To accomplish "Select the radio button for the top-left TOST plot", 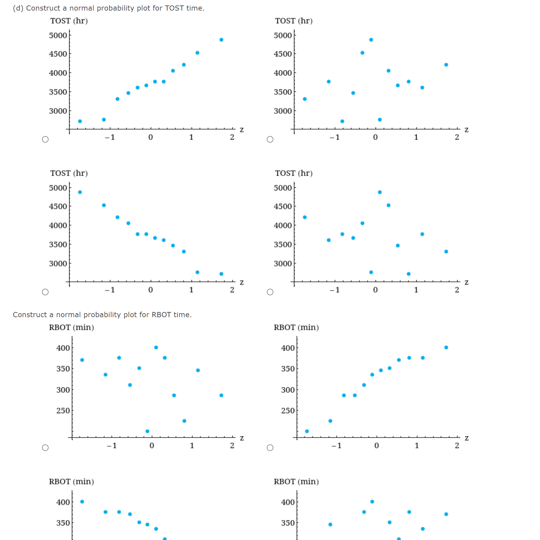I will tap(45, 139).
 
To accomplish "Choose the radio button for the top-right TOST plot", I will tap(270, 139).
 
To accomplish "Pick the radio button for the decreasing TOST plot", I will tap(45, 292).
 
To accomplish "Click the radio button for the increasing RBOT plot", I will tap(270, 448).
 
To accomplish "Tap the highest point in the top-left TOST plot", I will tap(221, 40).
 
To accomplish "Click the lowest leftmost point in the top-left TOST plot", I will tap(80, 121).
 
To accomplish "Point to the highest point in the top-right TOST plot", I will tap(371, 40).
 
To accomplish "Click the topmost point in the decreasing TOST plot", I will tap(80, 192).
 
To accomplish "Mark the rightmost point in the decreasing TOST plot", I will tap(221, 274).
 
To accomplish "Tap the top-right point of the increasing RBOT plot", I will tap(446, 347).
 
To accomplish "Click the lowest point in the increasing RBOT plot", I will tap(307, 431).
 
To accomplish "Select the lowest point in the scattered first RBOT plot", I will tap(147, 431).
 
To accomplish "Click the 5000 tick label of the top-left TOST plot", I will tap(58, 36).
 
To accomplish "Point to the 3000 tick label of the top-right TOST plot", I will tap(283, 111).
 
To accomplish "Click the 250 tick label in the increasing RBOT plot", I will tap(288, 411).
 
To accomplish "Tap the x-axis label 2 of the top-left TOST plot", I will tap(232, 137).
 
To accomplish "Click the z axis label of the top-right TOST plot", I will tap(467, 130).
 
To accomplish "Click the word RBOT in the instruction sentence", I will tap(161, 315).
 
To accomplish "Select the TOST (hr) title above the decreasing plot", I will tap(69, 173).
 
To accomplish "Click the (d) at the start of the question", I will tap(18, 8).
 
